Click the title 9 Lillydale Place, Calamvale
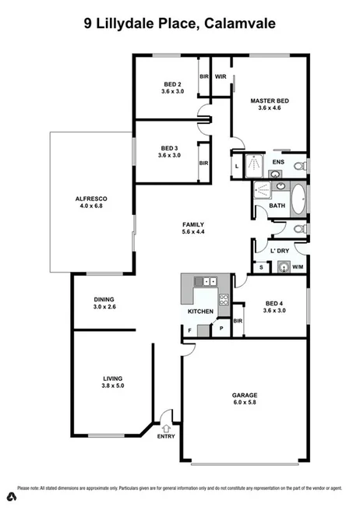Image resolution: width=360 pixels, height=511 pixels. [x=179, y=23]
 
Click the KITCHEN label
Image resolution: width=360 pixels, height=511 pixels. [x=200, y=312]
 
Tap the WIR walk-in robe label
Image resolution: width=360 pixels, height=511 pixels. [x=221, y=77]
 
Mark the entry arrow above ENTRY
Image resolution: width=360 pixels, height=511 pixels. [x=166, y=427]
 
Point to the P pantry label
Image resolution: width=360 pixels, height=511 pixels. [x=222, y=329]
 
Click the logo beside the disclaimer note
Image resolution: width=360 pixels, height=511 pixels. [x=12, y=495]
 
